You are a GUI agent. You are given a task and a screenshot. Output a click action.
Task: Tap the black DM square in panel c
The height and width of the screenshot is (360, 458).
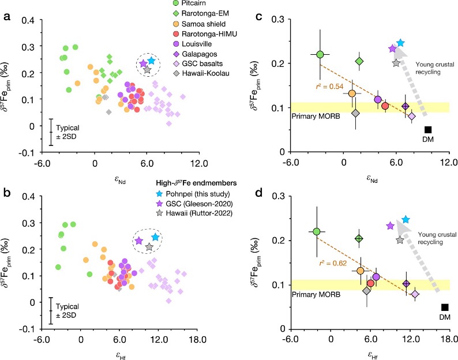(x=428, y=130)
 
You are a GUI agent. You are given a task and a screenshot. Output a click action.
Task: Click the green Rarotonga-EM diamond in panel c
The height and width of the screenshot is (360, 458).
(x=359, y=61)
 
